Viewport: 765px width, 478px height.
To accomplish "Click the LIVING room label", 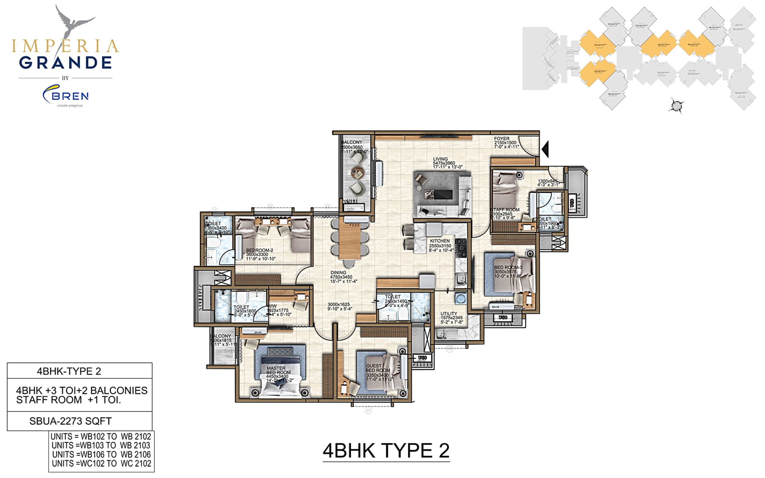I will click(440, 159).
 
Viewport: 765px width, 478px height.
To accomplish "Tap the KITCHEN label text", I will click(439, 241).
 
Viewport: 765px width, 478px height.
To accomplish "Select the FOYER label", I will click(502, 139).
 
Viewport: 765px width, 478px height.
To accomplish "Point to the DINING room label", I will click(338, 273).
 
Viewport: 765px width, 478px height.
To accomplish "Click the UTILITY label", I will click(449, 314).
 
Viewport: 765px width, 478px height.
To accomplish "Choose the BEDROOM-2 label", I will click(259, 251).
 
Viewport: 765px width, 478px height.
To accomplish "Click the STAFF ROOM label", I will click(505, 210).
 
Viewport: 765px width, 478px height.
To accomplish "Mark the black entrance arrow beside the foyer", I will click(545, 149).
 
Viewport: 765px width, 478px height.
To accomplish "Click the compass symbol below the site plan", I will click(676, 106).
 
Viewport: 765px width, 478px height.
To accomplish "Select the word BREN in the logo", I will click(70, 96).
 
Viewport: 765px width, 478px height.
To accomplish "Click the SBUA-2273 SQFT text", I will click(71, 421).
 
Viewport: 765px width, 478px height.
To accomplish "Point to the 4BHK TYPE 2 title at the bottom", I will click(386, 451).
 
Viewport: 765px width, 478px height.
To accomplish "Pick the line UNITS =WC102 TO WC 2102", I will click(102, 464).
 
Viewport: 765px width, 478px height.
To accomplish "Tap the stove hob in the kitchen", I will click(461, 248).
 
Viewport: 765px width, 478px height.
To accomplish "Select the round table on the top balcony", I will click(357, 174).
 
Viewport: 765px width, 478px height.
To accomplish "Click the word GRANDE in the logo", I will click(65, 63).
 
